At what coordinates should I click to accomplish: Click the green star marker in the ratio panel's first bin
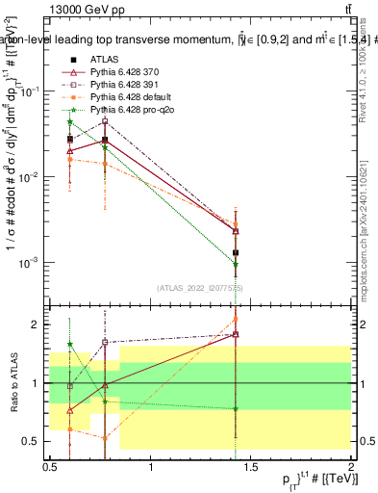pos(69,344)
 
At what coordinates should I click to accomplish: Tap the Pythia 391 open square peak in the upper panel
pos(105,121)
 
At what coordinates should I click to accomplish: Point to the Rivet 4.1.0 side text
pos(365,87)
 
